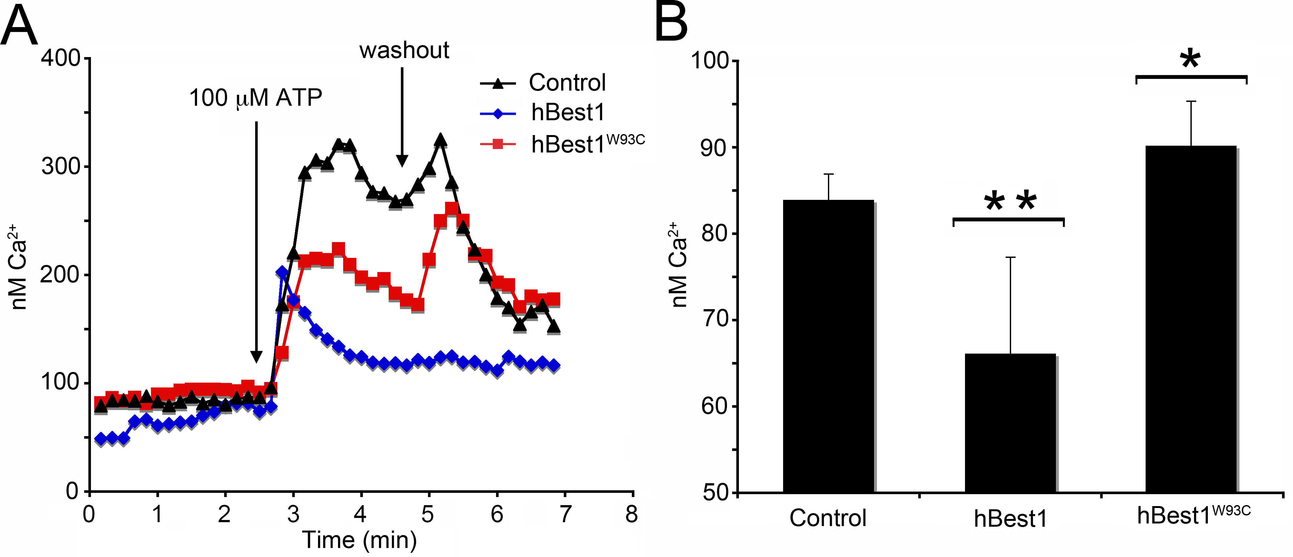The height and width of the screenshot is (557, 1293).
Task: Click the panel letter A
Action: point(19,26)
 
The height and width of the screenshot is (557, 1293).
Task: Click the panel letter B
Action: point(671,23)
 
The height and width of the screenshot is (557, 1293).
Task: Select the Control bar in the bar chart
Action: point(828,346)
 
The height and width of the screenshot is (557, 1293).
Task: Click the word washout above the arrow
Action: point(404,51)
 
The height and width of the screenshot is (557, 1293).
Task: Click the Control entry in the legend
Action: point(567,83)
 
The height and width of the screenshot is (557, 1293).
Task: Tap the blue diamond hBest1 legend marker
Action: point(498,113)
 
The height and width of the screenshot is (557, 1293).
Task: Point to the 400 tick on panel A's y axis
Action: point(61,58)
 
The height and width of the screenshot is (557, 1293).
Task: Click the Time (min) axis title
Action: point(359,540)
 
